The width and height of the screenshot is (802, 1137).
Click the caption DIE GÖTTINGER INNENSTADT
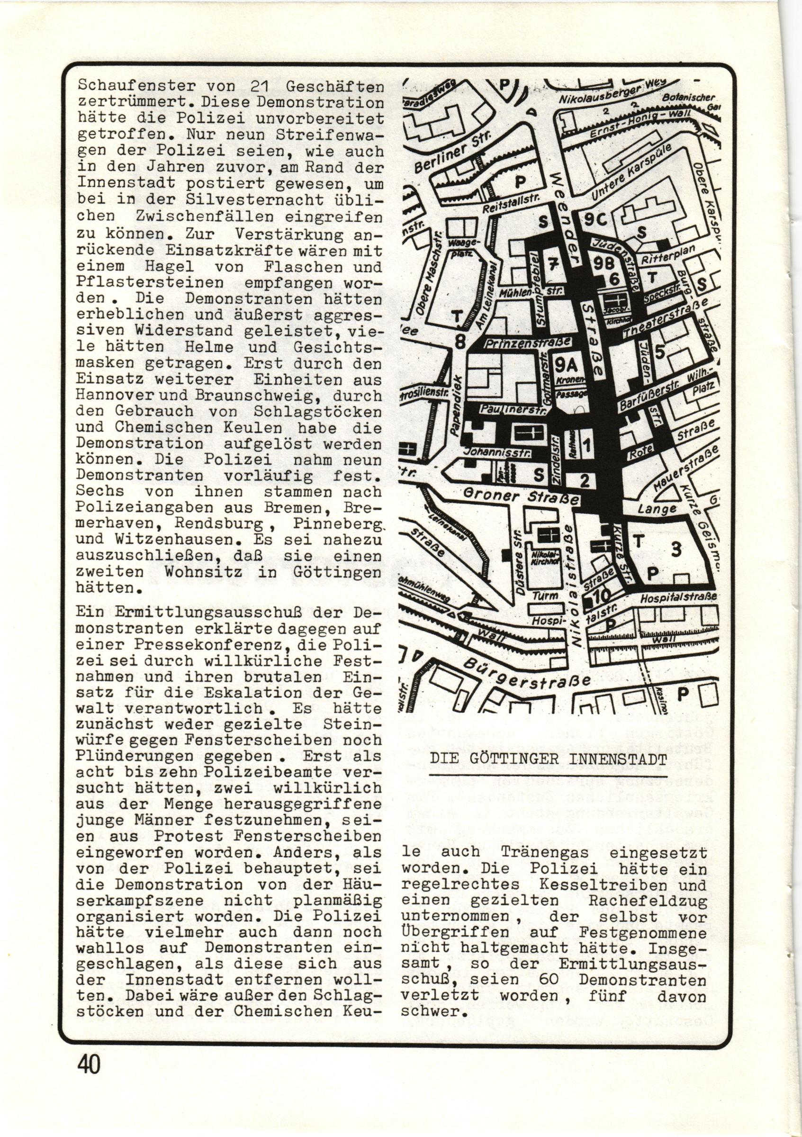(548, 772)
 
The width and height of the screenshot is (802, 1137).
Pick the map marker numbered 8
(460, 342)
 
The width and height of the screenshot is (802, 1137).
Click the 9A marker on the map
(566, 365)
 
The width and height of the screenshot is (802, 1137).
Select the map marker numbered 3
(677, 550)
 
